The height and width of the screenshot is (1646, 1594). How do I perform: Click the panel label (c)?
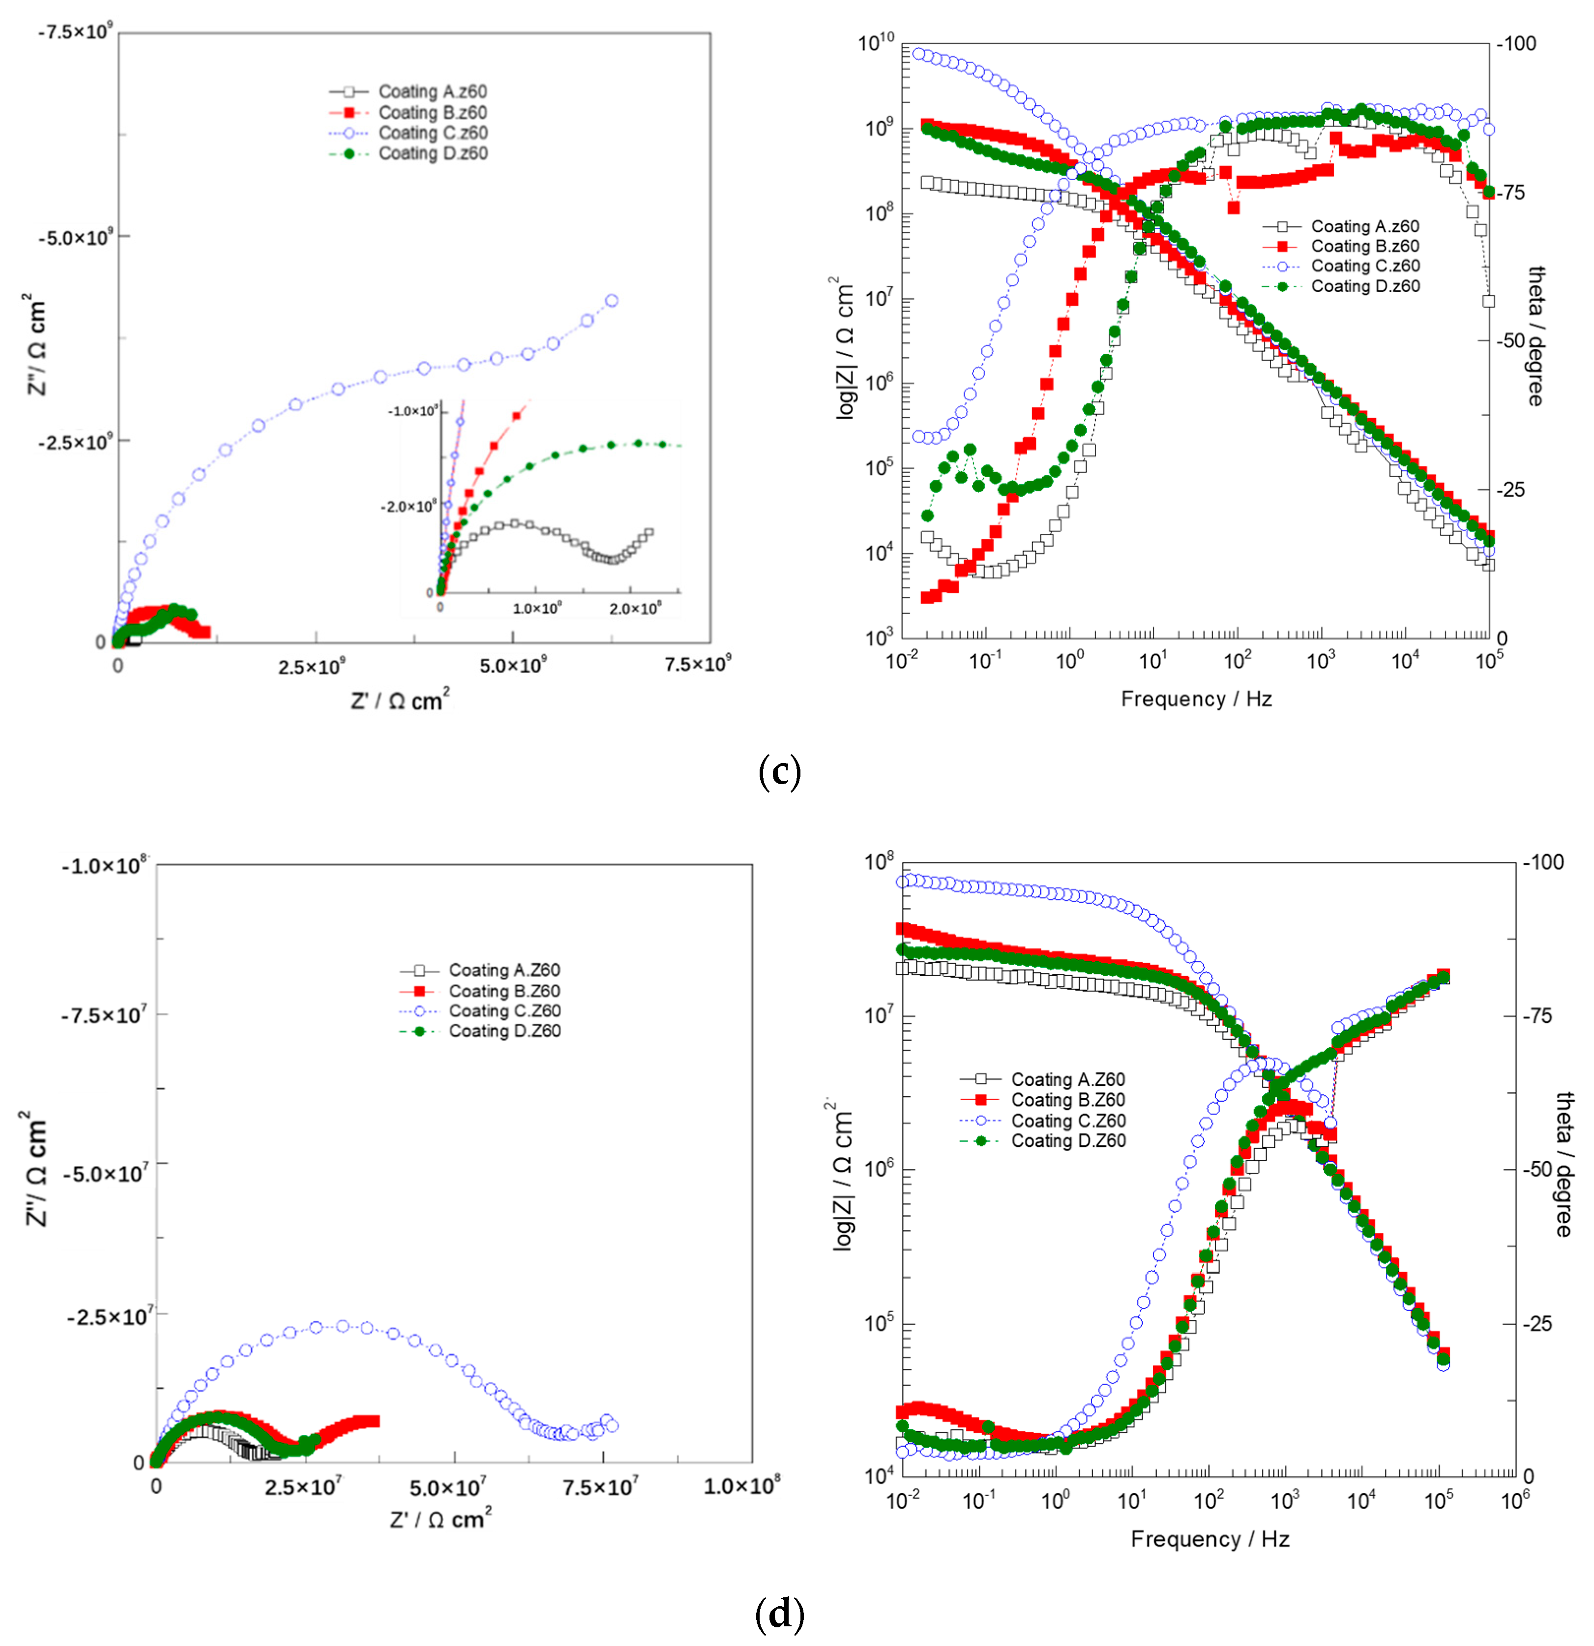point(779,771)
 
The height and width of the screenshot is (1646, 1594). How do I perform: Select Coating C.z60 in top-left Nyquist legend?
point(432,133)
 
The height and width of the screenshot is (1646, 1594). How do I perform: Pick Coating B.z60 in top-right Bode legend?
point(1365,246)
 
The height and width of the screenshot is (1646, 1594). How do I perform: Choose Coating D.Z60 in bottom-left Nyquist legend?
point(503,1031)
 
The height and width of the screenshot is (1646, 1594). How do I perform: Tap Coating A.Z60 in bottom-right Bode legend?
point(1067,1079)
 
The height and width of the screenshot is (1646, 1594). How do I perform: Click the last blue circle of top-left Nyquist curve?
point(612,301)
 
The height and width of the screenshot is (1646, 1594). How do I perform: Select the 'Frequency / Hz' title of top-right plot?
point(1196,699)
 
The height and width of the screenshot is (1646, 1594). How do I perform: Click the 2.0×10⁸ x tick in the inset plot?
point(635,608)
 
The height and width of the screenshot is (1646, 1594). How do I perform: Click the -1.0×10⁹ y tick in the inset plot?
point(412,411)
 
